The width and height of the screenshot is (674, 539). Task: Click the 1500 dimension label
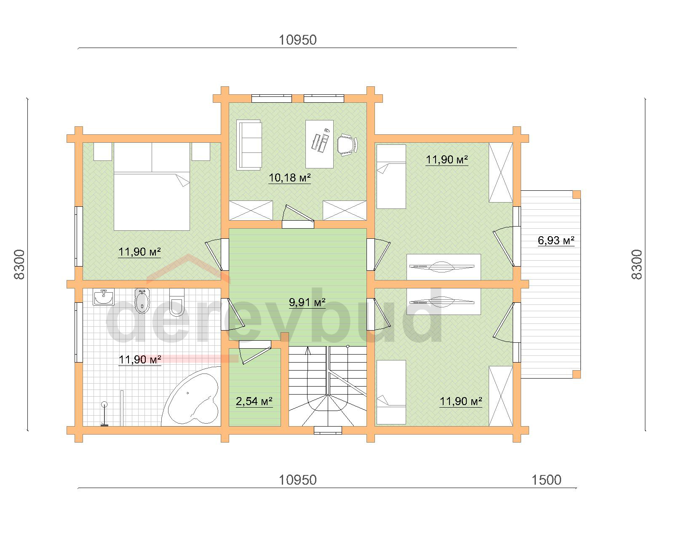(546, 480)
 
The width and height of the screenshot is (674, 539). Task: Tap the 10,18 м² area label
(290, 178)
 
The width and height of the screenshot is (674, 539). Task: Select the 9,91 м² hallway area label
(307, 302)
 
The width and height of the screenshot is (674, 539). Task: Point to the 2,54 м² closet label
(254, 401)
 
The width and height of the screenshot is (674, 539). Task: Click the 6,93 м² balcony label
(556, 240)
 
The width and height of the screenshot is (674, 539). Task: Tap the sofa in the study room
(249, 145)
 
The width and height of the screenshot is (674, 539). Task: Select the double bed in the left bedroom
(152, 187)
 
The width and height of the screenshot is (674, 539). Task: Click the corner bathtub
(192, 397)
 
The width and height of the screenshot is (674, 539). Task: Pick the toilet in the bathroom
(177, 302)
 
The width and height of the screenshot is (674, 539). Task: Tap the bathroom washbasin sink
(103, 297)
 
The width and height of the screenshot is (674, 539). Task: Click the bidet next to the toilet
(142, 301)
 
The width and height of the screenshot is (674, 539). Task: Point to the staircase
(328, 386)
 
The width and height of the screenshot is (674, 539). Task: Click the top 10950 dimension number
(297, 40)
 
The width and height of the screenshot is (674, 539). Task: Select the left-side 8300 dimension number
(19, 264)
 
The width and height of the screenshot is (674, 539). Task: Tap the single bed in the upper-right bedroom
(391, 176)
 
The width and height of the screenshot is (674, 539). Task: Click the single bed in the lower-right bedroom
(391, 392)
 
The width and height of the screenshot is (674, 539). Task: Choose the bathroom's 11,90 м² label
(140, 360)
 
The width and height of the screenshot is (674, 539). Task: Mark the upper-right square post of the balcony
(577, 195)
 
